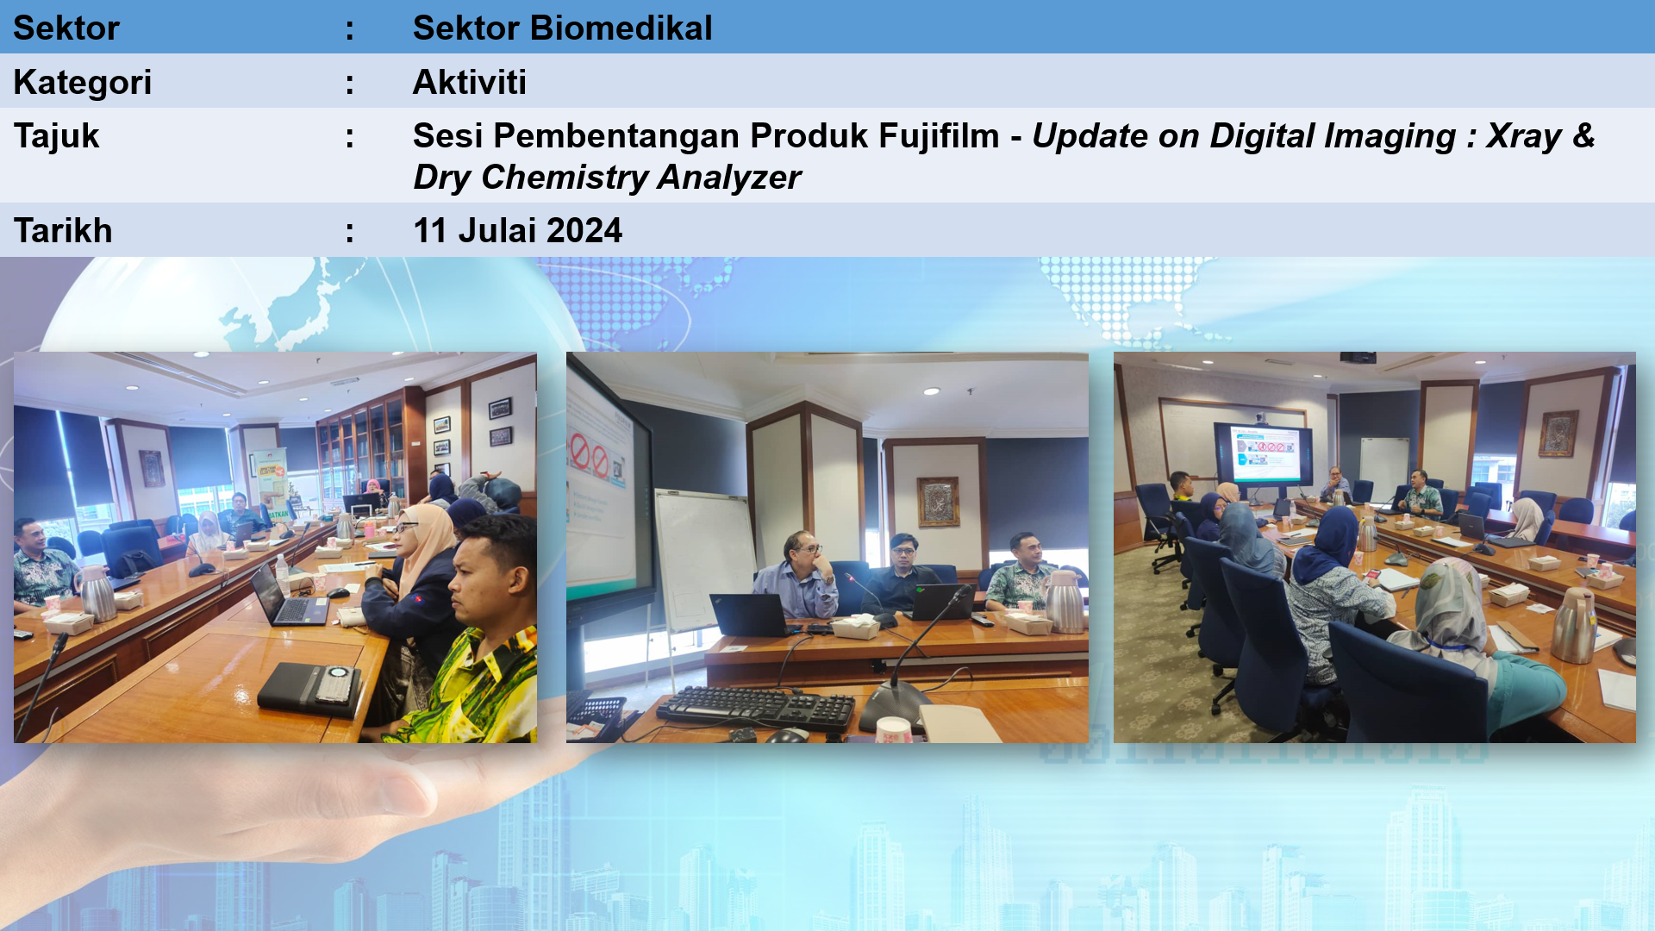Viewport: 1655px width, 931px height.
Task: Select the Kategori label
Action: (x=83, y=83)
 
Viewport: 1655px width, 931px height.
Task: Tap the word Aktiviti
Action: (x=470, y=82)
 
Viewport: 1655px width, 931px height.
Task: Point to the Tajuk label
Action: (x=57, y=136)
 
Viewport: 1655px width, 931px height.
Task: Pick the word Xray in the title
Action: (x=1524, y=136)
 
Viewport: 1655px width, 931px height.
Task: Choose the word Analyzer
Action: (x=729, y=178)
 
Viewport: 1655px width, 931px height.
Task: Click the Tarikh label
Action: (x=63, y=231)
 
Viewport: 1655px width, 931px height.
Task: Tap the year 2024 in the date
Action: (x=584, y=231)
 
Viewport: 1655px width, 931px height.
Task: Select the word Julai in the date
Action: (x=497, y=231)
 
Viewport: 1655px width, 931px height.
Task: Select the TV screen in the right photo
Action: (x=1264, y=455)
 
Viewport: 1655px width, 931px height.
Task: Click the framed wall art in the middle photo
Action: (x=938, y=502)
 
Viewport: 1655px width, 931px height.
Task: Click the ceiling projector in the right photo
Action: (x=1358, y=357)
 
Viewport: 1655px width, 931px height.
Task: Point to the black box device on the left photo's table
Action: (x=309, y=689)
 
